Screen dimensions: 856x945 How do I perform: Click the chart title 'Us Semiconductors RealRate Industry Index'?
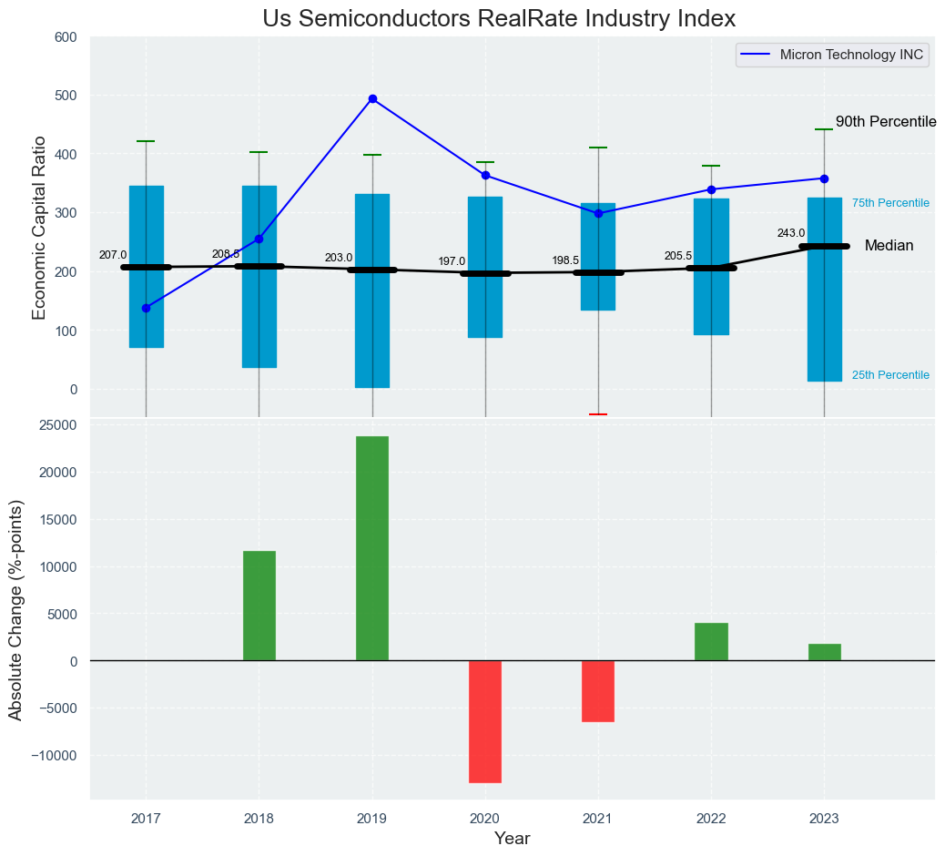tap(498, 18)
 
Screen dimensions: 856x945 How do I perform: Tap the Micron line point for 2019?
tap(372, 98)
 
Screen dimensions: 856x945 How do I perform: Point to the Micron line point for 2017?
tap(146, 308)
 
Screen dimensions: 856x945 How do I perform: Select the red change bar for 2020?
tap(485, 721)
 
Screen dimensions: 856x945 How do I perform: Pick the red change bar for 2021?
tap(598, 691)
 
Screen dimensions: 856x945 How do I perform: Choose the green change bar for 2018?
tap(259, 606)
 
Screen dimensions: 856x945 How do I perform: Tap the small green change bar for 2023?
tap(824, 652)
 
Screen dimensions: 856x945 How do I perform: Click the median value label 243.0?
tap(790, 233)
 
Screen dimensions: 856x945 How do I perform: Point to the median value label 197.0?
tap(452, 261)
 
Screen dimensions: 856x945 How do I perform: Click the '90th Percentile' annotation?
tap(886, 122)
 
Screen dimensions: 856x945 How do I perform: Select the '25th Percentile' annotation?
tap(890, 375)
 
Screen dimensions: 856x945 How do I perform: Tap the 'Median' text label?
tap(889, 246)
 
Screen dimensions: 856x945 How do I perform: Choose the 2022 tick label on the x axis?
tap(711, 820)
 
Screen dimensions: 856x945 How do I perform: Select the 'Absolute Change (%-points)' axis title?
tap(15, 611)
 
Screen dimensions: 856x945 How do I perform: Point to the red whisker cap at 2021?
tap(598, 414)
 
